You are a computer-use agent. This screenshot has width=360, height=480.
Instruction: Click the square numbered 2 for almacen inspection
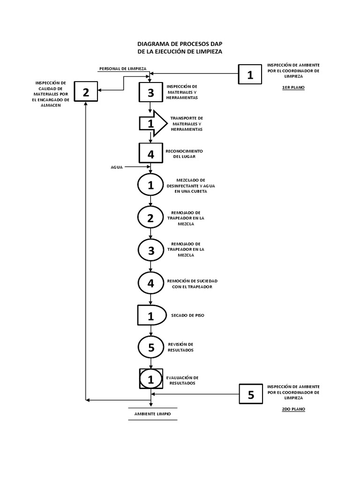[x=85, y=92]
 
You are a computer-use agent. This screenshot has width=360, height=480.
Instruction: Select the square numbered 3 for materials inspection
[x=150, y=93]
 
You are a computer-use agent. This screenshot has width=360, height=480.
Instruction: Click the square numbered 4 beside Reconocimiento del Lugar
[x=150, y=154]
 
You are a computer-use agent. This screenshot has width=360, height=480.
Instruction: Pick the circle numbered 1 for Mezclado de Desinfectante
[x=150, y=185]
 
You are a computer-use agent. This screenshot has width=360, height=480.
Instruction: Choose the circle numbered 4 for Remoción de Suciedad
[x=150, y=283]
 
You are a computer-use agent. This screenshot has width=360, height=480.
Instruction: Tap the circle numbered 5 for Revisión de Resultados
[x=150, y=347]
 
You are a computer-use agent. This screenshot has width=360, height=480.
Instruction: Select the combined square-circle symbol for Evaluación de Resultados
[x=151, y=379]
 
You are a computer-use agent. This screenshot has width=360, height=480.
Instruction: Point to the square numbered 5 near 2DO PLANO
[x=251, y=395]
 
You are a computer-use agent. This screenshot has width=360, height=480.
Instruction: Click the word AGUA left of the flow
[x=117, y=167]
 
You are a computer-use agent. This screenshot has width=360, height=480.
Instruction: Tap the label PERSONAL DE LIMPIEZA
[x=123, y=68]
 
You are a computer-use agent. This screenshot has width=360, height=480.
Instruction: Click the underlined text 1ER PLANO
[x=293, y=88]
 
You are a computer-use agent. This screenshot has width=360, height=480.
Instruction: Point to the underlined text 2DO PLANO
[x=293, y=409]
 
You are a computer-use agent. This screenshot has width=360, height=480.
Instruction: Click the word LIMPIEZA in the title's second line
[x=209, y=51]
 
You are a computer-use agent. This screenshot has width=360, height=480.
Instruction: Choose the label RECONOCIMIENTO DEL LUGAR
[x=184, y=154]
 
